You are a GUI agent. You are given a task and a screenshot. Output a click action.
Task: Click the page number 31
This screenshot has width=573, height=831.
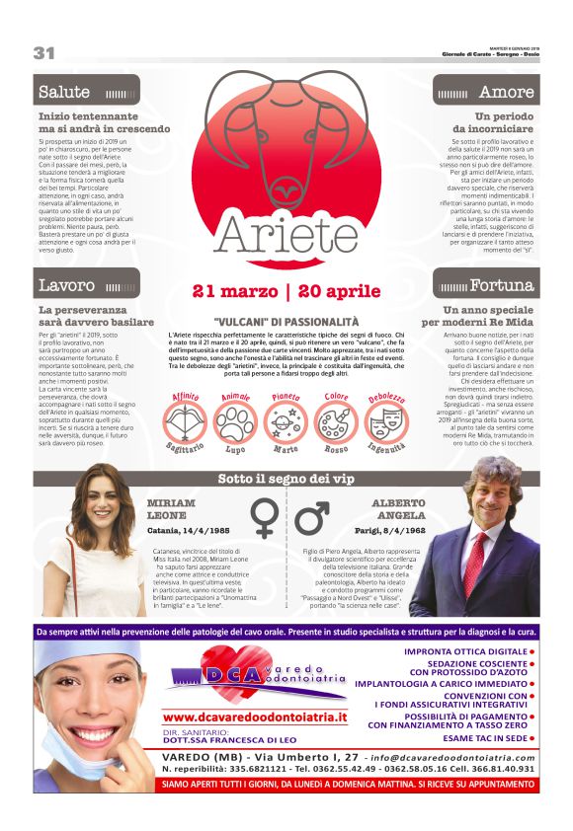(43, 52)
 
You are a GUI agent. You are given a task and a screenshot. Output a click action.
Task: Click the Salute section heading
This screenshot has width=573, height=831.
(64, 92)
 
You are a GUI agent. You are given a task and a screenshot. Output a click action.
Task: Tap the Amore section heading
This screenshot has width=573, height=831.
(506, 92)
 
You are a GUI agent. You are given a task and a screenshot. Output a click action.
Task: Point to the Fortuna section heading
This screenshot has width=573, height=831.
(501, 286)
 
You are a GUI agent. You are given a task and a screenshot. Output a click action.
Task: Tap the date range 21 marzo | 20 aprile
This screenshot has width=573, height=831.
(286, 291)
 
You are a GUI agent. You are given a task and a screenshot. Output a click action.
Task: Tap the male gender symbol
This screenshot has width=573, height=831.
(312, 517)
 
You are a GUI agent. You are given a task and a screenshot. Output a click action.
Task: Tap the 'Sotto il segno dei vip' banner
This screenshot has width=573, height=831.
(286, 479)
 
